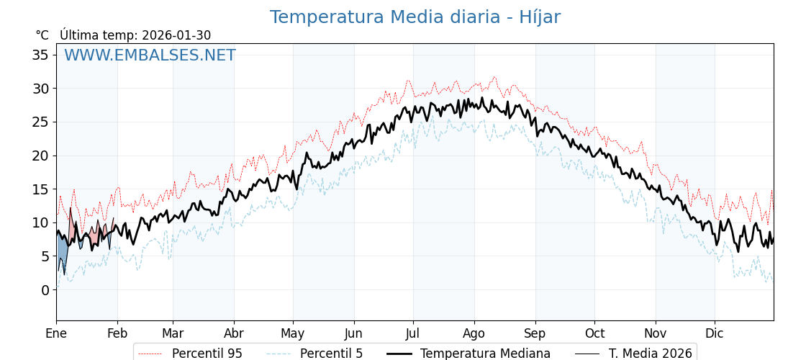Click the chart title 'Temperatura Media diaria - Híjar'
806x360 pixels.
(415, 17)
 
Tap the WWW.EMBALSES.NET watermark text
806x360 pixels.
(150, 55)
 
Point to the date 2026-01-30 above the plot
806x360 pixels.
(176, 35)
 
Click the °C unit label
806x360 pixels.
(42, 35)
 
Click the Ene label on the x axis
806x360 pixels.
(56, 333)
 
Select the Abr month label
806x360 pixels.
(234, 333)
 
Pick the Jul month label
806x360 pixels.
(413, 333)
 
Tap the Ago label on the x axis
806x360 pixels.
(474, 333)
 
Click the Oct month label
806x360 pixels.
(594, 333)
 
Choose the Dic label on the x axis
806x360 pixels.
(715, 333)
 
